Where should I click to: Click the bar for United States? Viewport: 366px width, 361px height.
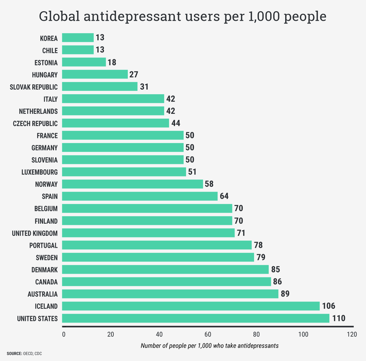195,318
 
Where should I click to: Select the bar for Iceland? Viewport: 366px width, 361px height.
191,306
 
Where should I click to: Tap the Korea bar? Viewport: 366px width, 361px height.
77,38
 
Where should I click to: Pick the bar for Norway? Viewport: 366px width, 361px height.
132,184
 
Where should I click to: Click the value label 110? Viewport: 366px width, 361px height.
339,318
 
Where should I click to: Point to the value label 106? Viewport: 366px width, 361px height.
328,306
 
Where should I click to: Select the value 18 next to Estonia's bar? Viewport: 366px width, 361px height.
112,62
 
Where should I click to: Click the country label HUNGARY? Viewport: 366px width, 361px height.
45,75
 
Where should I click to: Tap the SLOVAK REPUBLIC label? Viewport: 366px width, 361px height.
34,87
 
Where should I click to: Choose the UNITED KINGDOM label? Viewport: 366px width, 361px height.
35,233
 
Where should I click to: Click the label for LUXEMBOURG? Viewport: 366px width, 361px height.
40,172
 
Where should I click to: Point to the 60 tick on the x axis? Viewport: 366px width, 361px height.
207,335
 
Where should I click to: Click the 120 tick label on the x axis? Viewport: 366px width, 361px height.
352,335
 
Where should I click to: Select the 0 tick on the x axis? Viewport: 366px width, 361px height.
64,335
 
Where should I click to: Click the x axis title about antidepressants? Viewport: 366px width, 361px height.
209,346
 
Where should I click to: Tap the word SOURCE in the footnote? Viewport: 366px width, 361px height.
14,354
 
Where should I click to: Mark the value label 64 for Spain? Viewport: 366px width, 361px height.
225,197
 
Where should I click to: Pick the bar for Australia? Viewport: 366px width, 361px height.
170,294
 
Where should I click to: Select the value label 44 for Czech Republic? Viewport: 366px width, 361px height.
176,123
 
